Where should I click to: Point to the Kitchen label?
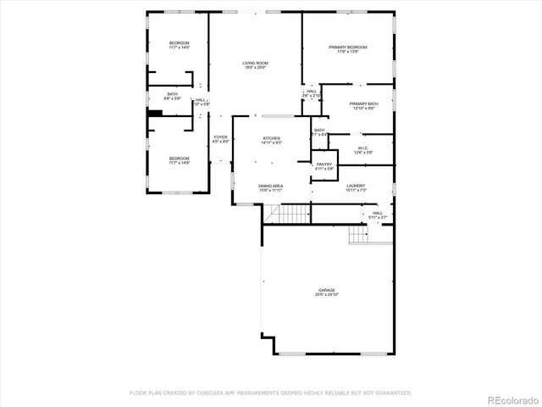[x=271, y=140]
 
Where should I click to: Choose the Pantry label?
[x=324, y=166]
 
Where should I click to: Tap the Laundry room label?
[x=356, y=187]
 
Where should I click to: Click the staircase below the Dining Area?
[x=296, y=214]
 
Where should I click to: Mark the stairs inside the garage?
[x=360, y=235]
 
